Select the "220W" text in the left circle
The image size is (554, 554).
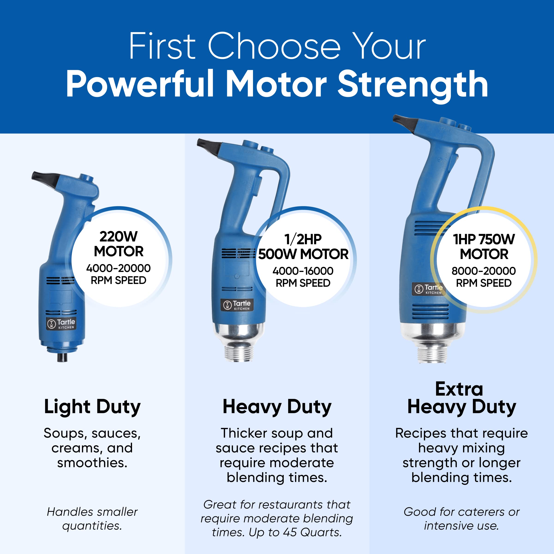[118, 237]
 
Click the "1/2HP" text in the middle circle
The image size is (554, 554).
[303, 239]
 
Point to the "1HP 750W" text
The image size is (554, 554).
[484, 239]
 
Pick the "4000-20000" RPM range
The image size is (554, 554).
[118, 268]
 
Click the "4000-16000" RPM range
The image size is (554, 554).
[303, 271]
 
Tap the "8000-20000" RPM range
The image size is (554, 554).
[484, 271]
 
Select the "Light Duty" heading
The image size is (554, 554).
[92, 407]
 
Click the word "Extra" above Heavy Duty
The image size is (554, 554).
[459, 389]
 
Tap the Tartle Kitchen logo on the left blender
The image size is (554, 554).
[61, 324]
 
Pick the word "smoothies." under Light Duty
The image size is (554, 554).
[92, 463]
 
